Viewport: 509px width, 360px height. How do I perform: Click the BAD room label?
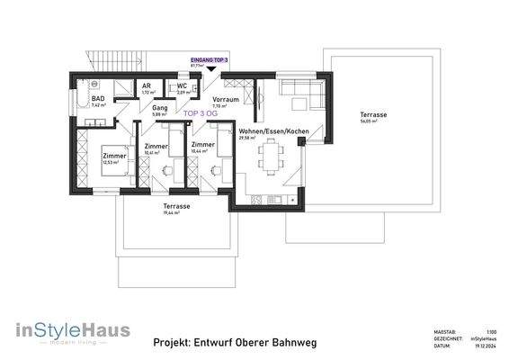[x=98, y=98]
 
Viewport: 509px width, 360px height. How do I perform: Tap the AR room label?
[x=146, y=86]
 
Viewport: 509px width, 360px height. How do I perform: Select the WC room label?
[x=182, y=86]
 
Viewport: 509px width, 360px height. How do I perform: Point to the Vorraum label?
[x=225, y=99]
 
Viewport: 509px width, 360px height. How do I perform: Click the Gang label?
[x=160, y=108]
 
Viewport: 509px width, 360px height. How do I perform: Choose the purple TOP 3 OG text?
[x=200, y=114]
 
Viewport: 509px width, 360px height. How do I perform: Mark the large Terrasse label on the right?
[x=373, y=115]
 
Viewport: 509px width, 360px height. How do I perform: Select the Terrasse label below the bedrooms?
[x=176, y=206]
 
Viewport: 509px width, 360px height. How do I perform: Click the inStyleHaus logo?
[x=73, y=331]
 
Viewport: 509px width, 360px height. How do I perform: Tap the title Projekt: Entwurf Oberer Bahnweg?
[x=235, y=343]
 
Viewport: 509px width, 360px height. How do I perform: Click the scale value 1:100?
[x=491, y=332]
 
